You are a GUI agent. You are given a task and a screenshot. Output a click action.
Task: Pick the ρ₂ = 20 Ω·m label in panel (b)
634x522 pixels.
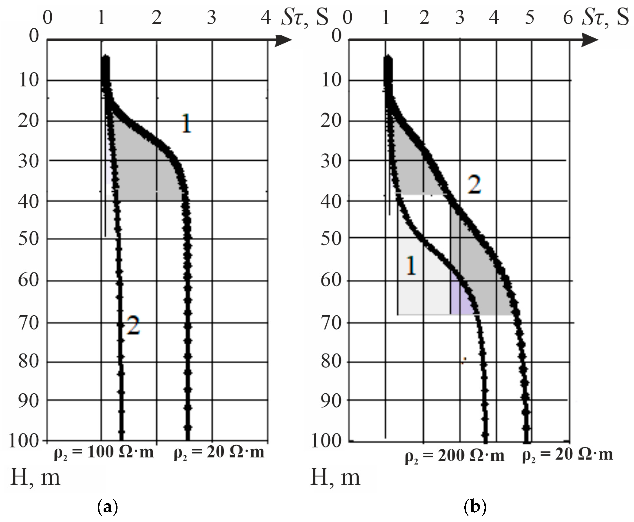click(567, 455)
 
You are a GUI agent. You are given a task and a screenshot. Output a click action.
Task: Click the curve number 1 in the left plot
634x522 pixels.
click(186, 124)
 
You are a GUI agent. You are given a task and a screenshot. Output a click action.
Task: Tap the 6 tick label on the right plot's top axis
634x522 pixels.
click(568, 18)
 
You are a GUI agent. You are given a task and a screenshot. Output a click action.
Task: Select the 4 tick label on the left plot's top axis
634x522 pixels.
click(266, 18)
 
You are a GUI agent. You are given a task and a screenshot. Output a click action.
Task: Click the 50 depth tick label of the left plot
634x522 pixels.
click(29, 239)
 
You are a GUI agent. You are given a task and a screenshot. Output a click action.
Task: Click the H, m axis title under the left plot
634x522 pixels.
click(35, 478)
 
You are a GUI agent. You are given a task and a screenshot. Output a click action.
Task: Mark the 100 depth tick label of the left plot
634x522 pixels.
click(24, 441)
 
